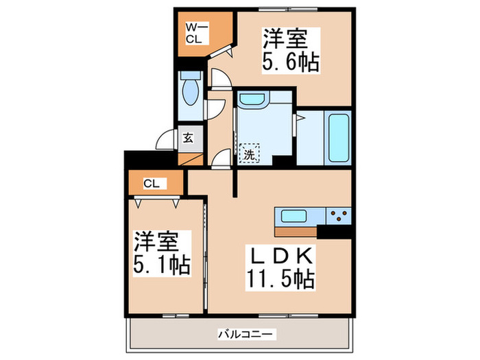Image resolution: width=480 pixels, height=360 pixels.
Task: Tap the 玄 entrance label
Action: point(189,136)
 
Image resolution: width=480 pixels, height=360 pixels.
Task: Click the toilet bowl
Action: point(190,91)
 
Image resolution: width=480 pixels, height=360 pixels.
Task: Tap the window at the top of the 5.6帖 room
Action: point(289,10)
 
